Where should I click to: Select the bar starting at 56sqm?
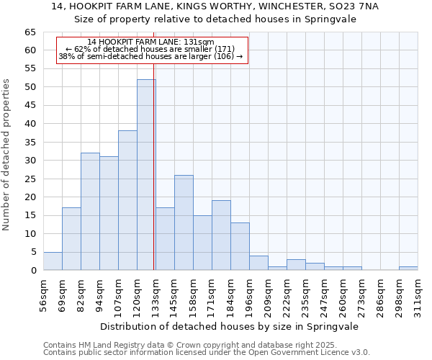(x=53, y=261)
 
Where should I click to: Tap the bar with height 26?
(x=184, y=222)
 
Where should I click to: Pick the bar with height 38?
(x=127, y=200)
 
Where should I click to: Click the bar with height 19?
(x=221, y=235)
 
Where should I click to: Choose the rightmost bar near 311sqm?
(x=408, y=269)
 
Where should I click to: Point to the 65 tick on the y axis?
(x=30, y=32)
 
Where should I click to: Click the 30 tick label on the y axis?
(x=30, y=161)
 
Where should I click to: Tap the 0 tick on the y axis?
(x=33, y=271)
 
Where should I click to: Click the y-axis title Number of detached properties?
(x=7, y=155)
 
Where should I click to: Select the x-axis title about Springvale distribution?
(x=230, y=326)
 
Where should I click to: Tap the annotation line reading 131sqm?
(x=150, y=42)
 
